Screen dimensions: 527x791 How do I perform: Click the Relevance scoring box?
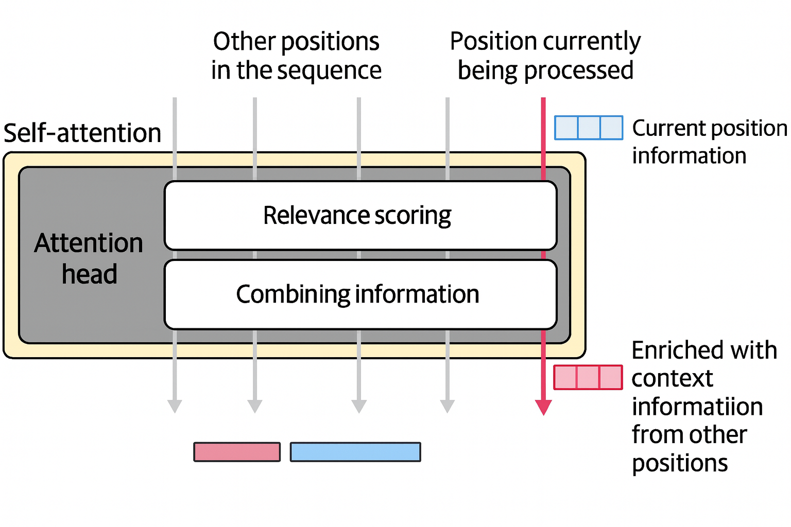tap(360, 215)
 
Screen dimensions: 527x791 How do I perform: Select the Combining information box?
tap(360, 294)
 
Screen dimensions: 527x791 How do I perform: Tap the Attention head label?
tap(89, 258)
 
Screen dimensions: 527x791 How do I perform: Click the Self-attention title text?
tap(82, 133)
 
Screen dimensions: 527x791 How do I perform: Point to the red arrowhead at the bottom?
tap(543, 407)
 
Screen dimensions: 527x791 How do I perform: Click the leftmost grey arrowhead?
tap(175, 406)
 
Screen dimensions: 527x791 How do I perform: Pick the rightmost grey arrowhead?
tap(447, 406)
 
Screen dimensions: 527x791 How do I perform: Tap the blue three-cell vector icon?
tap(588, 128)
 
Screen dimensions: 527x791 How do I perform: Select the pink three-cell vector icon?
tap(588, 377)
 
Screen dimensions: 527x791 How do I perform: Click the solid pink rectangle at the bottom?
tap(237, 452)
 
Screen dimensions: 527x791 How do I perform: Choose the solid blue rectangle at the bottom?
tap(355, 452)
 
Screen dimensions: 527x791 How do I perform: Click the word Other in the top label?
tap(244, 42)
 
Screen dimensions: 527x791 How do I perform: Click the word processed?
tap(578, 71)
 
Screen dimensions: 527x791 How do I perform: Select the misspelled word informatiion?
tap(697, 407)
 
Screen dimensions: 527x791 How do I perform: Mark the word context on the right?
tap(672, 379)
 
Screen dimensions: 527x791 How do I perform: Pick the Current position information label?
tap(709, 142)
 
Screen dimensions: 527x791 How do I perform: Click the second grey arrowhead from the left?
tap(255, 406)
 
